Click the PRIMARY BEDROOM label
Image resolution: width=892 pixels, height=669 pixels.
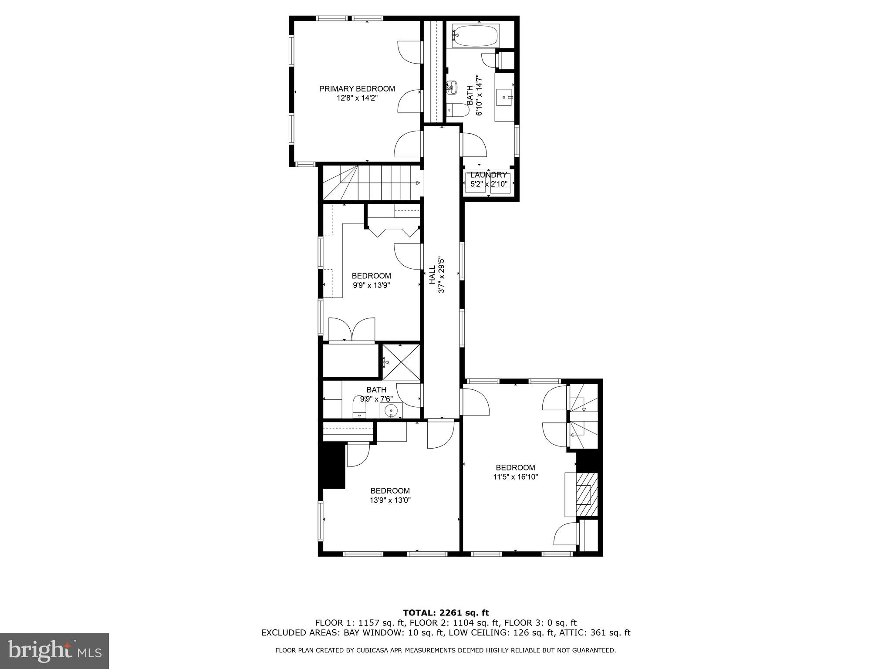pyautogui.click(x=357, y=89)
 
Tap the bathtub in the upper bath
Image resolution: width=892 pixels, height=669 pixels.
pyautogui.click(x=475, y=35)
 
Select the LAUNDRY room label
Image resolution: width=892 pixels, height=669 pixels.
pyautogui.click(x=488, y=175)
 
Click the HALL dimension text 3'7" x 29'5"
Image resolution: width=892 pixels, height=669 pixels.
pyautogui.click(x=441, y=274)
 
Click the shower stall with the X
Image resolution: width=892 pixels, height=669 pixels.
pyautogui.click(x=401, y=362)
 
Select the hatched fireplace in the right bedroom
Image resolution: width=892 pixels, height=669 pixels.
pyautogui.click(x=586, y=494)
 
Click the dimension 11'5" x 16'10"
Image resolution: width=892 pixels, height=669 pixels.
pyautogui.click(x=515, y=477)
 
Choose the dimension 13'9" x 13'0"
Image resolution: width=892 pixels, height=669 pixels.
pyautogui.click(x=390, y=500)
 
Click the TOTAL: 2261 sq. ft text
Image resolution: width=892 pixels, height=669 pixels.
pyautogui.click(x=446, y=613)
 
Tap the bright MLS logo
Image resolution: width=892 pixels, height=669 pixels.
pyautogui.click(x=54, y=651)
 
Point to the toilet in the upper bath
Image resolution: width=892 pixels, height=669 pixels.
pyautogui.click(x=458, y=111)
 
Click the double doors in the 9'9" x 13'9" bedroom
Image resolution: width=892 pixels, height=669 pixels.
pyautogui.click(x=351, y=329)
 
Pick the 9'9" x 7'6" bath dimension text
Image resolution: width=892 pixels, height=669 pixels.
pyautogui.click(x=376, y=399)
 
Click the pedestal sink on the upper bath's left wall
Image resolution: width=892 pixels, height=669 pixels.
pyautogui.click(x=451, y=88)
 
